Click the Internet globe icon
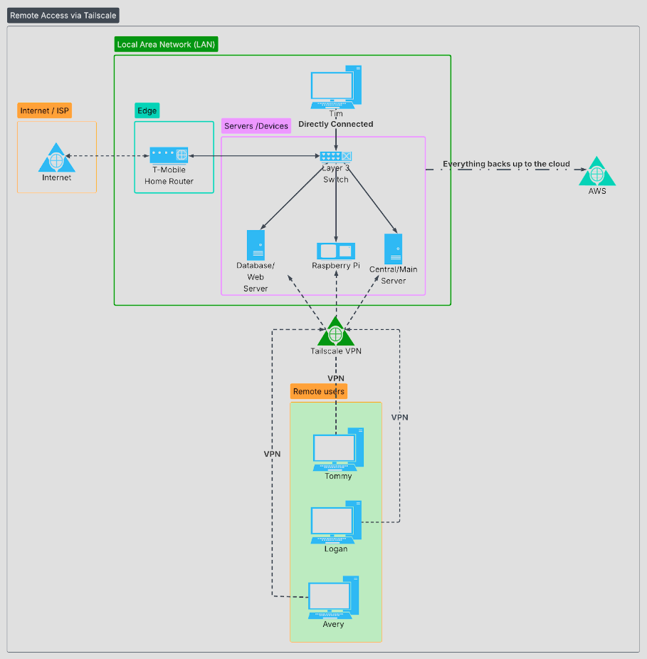[x=56, y=158]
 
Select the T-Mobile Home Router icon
[x=169, y=155]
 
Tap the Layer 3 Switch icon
[x=335, y=156]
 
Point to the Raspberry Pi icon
[x=335, y=251]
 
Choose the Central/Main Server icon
[x=393, y=249]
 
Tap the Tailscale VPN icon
[x=335, y=332]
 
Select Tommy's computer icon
[x=338, y=449]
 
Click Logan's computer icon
[x=335, y=522]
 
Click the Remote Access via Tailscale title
[x=63, y=15]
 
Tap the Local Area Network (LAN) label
[x=166, y=44]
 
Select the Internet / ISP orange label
[x=46, y=110]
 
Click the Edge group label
[x=147, y=110]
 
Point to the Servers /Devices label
[x=256, y=126]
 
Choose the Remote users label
[x=319, y=391]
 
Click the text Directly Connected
[x=335, y=124]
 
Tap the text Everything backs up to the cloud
[x=506, y=164]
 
